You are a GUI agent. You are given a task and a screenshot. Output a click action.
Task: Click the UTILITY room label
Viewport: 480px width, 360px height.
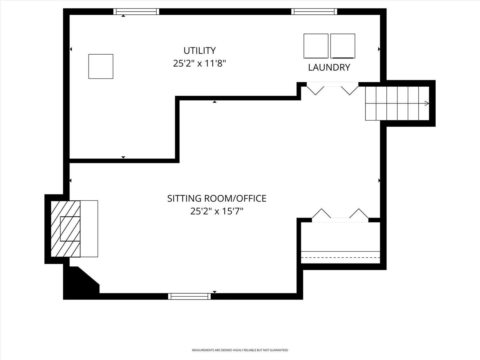(199, 50)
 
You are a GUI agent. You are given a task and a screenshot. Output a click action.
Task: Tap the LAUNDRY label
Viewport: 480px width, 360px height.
(329, 67)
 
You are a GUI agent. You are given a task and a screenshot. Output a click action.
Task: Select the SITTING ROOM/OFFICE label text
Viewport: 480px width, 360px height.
(217, 199)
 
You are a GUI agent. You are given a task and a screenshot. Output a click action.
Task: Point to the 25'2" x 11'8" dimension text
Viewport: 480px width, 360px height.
(199, 64)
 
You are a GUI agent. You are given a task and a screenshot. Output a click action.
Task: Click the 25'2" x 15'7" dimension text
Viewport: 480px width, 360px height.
(217, 211)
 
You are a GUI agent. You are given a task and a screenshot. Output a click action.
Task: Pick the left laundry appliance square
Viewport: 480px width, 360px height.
(316, 46)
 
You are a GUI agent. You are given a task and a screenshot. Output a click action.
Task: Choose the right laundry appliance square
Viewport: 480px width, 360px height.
(343, 46)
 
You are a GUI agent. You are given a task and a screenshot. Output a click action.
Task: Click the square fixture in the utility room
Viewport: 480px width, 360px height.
(101, 66)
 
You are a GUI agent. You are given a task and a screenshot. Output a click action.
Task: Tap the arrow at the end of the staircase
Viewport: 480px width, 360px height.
(427, 103)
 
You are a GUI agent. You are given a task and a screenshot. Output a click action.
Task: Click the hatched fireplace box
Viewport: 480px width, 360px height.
(65, 229)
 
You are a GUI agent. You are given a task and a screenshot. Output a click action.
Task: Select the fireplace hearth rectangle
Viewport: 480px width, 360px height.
(89, 229)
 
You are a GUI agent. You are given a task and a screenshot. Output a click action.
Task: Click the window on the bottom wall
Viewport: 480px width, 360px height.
(189, 296)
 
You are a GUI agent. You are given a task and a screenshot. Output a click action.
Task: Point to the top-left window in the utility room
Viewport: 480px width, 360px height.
(136, 12)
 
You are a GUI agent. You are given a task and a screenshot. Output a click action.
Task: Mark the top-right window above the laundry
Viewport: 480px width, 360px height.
(314, 12)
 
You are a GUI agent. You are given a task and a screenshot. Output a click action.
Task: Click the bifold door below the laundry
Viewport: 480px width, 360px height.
(332, 88)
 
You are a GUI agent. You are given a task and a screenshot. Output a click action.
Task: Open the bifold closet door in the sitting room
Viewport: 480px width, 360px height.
(340, 215)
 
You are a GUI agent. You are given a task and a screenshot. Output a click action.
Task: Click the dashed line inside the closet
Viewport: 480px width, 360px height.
(340, 257)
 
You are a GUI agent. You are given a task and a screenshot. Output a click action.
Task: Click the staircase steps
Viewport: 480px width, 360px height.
(397, 103)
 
